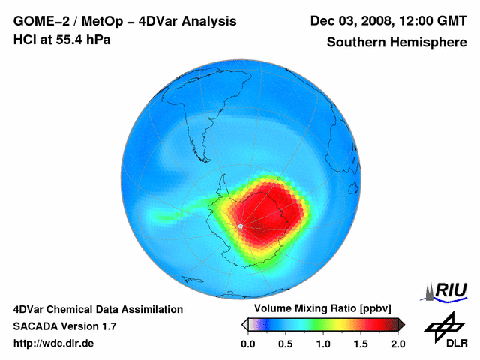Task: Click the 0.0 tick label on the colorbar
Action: (247, 343)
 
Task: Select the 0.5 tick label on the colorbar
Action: (285, 343)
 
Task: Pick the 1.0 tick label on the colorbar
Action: (322, 343)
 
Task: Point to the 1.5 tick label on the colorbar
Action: (360, 343)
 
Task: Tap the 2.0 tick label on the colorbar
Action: (397, 343)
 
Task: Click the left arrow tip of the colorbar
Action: (244, 324)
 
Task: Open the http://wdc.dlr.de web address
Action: (54, 343)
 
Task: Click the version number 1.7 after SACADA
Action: (106, 326)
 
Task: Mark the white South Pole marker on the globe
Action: (240, 225)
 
